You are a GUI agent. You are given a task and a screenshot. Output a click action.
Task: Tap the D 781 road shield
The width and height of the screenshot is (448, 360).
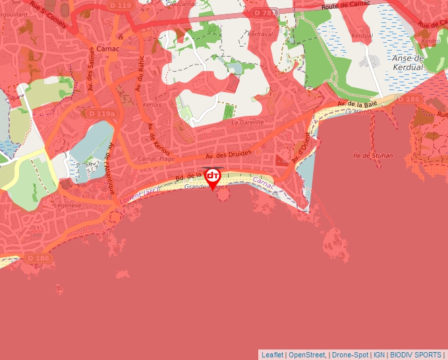[x=266, y=13]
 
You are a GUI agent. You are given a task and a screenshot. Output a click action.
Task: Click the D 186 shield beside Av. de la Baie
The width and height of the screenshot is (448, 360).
[x=408, y=99]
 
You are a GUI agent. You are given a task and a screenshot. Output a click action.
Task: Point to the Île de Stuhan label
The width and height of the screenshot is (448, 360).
[x=373, y=156]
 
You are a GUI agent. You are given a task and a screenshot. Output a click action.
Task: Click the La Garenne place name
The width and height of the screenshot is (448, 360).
[x=247, y=122]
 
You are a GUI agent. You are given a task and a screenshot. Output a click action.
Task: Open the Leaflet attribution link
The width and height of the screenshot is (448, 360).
[x=273, y=355]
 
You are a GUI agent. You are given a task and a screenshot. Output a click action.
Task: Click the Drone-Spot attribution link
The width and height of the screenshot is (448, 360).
[x=350, y=355]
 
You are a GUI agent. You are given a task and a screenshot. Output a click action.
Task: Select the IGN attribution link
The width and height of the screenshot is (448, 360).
[x=379, y=355]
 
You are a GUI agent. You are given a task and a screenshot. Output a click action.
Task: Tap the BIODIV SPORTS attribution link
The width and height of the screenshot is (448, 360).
[x=416, y=355]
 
